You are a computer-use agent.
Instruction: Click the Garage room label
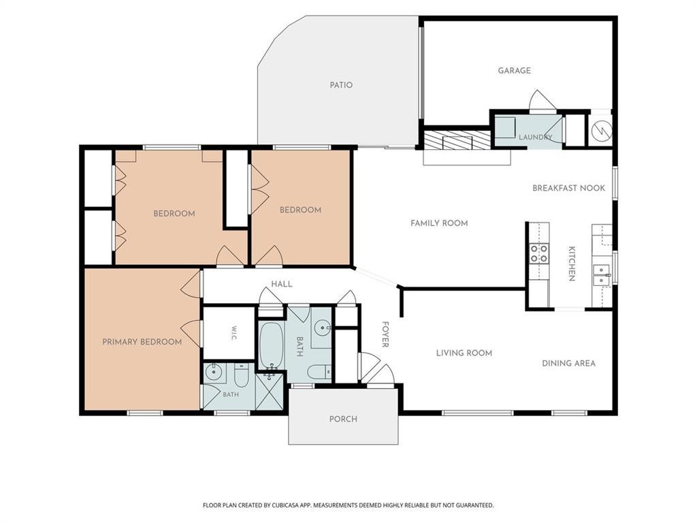514,70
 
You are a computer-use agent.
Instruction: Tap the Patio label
341,85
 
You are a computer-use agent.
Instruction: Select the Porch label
343,419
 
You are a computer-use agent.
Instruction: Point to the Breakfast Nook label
568,188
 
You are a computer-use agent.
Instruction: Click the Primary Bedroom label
142,342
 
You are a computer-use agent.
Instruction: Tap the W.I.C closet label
234,334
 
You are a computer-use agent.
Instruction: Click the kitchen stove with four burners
539,253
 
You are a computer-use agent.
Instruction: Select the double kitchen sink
602,276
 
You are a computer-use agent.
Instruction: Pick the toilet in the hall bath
319,371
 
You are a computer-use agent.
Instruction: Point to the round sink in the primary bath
214,372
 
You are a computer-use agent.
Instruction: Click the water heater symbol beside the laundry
602,130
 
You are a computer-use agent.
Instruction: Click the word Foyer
385,334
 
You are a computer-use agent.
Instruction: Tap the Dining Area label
568,364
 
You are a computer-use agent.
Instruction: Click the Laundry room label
535,137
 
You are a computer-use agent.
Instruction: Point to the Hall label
282,284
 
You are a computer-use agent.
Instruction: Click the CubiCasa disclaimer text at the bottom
348,505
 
